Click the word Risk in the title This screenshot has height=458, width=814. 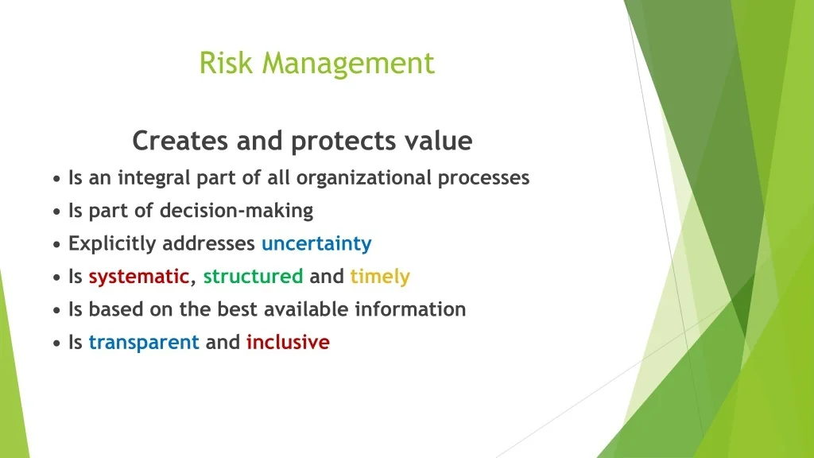[x=226, y=63]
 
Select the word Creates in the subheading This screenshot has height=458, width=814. [x=180, y=140]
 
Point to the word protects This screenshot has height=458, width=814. [x=343, y=142]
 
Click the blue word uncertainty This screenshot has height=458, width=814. [x=316, y=243]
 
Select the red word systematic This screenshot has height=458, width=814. [x=138, y=277]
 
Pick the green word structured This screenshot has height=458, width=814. [x=253, y=276]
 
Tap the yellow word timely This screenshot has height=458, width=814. [x=380, y=277]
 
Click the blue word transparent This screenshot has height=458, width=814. [x=144, y=343]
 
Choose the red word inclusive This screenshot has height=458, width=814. [x=288, y=342]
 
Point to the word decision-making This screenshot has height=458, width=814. [x=236, y=211]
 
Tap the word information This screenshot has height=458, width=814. [x=411, y=309]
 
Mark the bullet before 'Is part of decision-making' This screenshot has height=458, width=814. [x=56, y=212]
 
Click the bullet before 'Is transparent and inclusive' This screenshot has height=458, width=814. [x=56, y=343]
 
